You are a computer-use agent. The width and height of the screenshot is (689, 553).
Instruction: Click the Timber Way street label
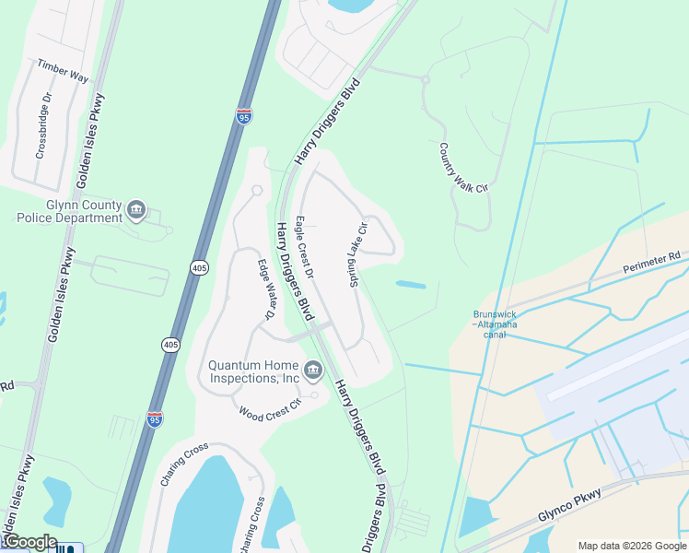point(63,71)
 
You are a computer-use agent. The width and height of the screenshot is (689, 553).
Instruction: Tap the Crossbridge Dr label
point(43,125)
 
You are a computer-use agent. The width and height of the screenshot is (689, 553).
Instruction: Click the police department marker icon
point(136,211)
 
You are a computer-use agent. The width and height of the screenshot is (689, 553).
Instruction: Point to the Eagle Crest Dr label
point(305,249)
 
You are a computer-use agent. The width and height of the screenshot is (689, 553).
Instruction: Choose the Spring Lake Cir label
point(356,253)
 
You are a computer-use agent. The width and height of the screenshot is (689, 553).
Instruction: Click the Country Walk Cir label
point(461,168)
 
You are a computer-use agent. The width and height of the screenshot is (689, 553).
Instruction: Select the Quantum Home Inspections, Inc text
point(254,371)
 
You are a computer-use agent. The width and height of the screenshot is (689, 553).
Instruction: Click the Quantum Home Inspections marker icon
point(313,371)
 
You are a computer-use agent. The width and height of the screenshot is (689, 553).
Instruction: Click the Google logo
point(29,542)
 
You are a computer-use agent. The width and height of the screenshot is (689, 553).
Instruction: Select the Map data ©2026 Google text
point(632,546)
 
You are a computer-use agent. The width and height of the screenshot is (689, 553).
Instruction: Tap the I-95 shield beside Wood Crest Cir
point(155,419)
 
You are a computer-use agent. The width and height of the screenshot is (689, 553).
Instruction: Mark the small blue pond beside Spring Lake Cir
point(411,285)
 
